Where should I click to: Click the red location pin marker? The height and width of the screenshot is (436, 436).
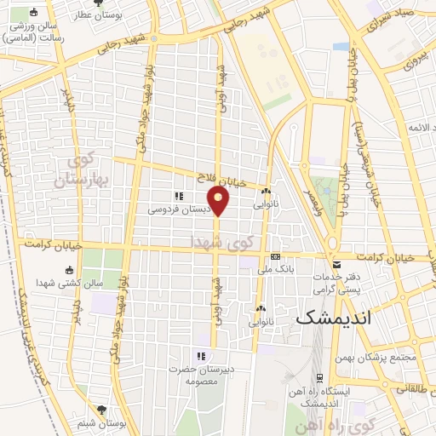pyautogui.click(x=220, y=200)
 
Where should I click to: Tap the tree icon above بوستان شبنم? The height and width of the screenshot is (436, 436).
pyautogui.click(x=102, y=410)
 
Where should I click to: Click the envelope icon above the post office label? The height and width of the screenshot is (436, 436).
pyautogui.click(x=336, y=265)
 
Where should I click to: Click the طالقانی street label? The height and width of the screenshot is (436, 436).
pyautogui.click(x=410, y=387)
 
